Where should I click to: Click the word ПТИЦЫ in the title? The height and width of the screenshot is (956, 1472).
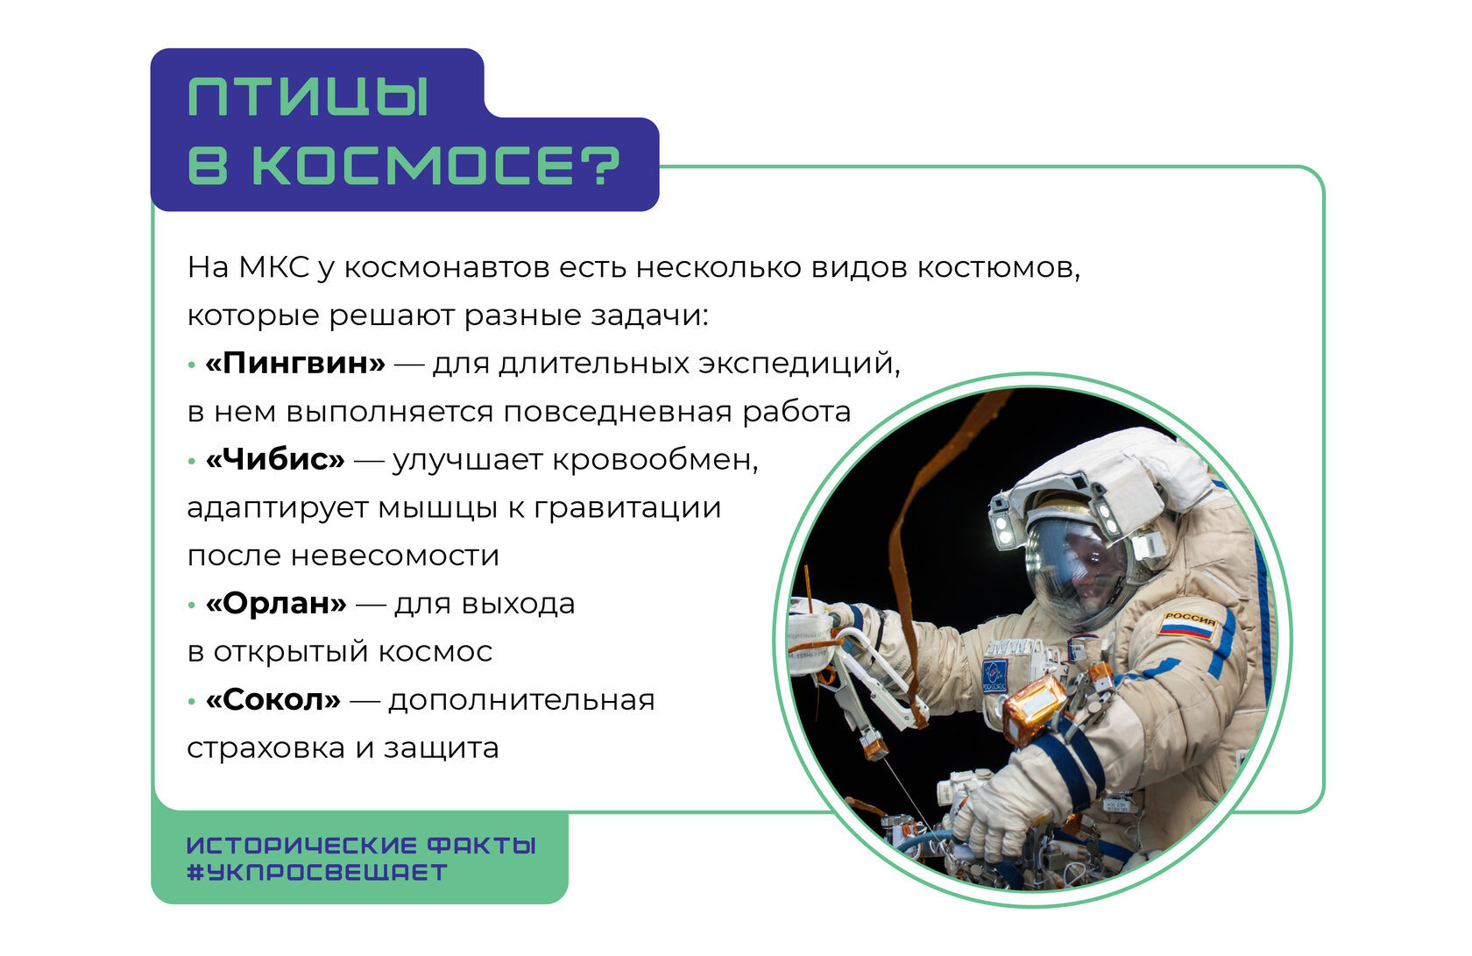tap(308, 97)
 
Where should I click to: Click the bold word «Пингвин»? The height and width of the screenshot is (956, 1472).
tap(295, 363)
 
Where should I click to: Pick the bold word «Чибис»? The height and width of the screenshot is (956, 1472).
tap(275, 459)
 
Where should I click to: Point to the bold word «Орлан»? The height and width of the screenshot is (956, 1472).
tap(276, 603)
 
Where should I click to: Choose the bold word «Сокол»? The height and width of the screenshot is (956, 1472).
tap(272, 700)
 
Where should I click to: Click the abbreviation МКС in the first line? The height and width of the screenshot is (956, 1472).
tap(273, 267)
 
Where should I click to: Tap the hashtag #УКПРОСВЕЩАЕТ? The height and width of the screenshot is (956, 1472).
tap(317, 873)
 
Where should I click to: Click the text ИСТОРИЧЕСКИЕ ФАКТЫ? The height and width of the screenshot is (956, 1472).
tap(361, 845)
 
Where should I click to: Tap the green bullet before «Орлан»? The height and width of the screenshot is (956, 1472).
tap(192, 605)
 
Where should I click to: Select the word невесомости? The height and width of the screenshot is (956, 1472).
tap(395, 556)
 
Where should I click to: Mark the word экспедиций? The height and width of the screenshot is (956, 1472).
tap(799, 364)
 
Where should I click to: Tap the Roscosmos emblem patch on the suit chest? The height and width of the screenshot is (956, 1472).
tap(995, 674)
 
